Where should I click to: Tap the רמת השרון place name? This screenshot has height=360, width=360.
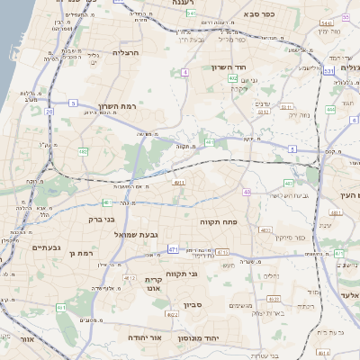(x=117, y=106)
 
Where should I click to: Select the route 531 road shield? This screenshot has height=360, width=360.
(x=328, y=69)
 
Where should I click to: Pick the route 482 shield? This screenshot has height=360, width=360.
(x=233, y=78)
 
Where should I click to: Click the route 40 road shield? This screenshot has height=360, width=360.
(x=247, y=192)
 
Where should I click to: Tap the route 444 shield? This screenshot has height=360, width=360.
(x=330, y=109)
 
